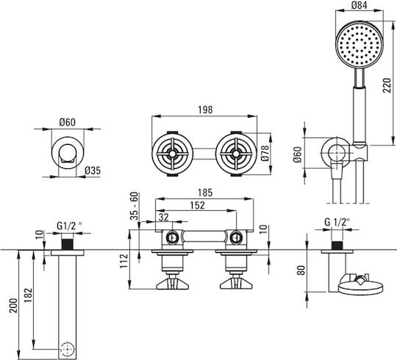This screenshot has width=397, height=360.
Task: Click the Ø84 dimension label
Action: (x=359, y=5)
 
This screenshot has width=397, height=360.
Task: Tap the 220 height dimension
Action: (x=387, y=85)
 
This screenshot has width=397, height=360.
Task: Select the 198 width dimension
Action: (x=205, y=109)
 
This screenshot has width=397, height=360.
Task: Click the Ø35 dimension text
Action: (x=93, y=170)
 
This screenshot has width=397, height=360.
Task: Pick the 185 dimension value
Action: (x=205, y=192)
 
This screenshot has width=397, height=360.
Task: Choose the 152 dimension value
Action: (x=198, y=205)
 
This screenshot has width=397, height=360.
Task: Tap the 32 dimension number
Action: (x=164, y=217)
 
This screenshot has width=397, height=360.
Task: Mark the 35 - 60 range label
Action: (x=135, y=206)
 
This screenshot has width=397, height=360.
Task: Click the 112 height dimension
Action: (x=124, y=261)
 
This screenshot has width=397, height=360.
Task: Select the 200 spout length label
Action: (x=13, y=306)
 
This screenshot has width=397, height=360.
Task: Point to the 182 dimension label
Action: (x=28, y=295)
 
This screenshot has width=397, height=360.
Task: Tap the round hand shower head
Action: (x=360, y=45)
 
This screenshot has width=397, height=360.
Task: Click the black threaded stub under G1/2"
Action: (x=68, y=244)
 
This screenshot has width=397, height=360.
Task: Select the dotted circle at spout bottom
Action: (x=68, y=350)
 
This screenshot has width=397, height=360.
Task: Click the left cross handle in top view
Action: (x=173, y=154)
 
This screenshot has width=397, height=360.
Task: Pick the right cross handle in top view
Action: (x=236, y=154)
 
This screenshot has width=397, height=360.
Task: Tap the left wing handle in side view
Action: (x=173, y=283)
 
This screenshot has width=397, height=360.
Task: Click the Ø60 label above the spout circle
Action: (x=68, y=123)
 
